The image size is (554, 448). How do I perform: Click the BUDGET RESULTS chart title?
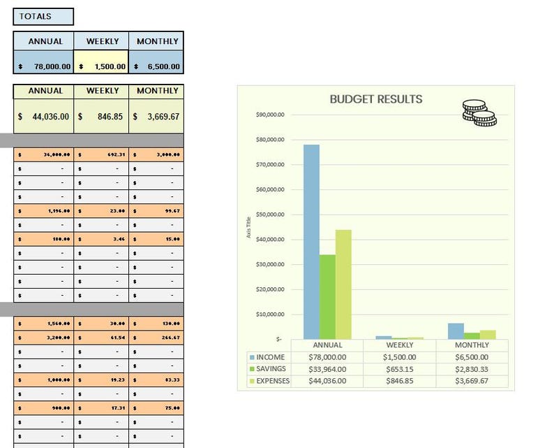point(375,99)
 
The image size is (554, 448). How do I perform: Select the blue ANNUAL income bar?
point(311,241)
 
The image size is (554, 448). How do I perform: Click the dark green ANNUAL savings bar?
point(327,296)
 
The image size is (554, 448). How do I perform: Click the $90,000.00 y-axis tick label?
point(270,115)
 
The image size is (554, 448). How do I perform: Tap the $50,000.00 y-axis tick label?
point(270,215)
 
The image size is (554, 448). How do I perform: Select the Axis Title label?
point(249,226)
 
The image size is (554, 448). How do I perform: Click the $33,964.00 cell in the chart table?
point(327,369)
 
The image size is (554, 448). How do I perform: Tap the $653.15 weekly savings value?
point(400,369)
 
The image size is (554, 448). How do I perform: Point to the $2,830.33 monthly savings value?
point(472,369)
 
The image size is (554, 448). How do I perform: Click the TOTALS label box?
point(43,17)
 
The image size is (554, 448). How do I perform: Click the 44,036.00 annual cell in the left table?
point(44,117)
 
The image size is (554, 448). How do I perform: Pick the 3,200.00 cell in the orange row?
point(44,338)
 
